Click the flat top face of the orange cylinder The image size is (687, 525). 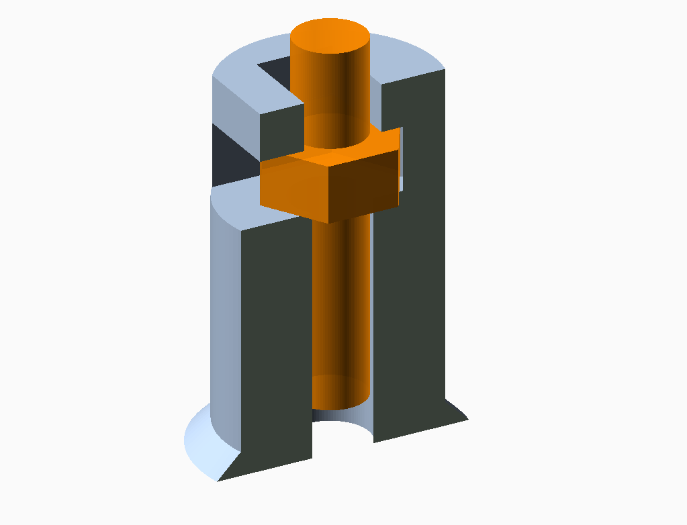[x=329, y=36]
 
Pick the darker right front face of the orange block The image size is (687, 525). [x=366, y=185]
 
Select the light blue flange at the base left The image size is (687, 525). [x=201, y=443]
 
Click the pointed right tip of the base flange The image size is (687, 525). [x=466, y=419]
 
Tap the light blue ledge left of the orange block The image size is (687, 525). [x=235, y=198]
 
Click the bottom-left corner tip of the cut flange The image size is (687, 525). [x=219, y=479]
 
